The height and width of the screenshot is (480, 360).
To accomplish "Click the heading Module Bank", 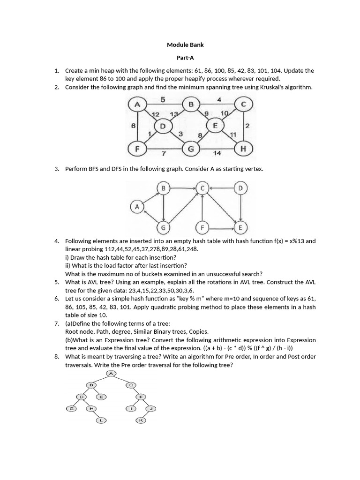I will [x=186, y=45].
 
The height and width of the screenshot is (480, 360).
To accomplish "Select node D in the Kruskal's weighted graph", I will [x=163, y=127].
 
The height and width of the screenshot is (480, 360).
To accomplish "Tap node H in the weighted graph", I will [x=242, y=149].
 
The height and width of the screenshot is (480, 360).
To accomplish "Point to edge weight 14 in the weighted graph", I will [x=217, y=153].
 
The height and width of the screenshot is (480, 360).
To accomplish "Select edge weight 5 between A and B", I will [x=162, y=99].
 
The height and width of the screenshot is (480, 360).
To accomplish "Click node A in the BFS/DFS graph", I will [x=137, y=207].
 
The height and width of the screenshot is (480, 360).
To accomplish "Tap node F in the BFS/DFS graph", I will [x=202, y=228].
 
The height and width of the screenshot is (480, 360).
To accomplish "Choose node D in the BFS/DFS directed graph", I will [x=240, y=188].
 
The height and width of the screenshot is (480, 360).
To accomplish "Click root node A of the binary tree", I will [x=111, y=373].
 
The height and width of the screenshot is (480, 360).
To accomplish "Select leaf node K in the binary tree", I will [x=141, y=420].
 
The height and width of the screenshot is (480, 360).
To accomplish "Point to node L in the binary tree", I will [x=102, y=420].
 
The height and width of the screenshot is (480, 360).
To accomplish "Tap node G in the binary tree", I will [x=72, y=408].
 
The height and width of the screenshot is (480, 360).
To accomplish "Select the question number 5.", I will [x=56, y=282].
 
